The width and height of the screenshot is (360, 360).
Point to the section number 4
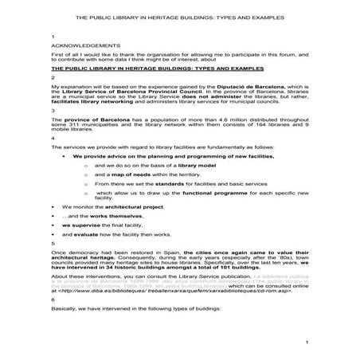tap(51, 137)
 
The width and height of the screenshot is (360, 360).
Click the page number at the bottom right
tap(307, 341)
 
